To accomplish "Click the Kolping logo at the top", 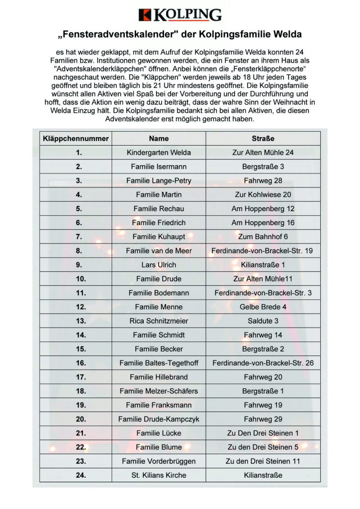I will (180, 15).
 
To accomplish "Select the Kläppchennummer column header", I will (76, 139).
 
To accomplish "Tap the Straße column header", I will (263, 139).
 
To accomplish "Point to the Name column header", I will (159, 139).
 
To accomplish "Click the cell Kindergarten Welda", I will (159, 153).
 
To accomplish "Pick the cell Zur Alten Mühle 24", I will (263, 153).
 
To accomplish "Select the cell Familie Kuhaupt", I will (159, 237).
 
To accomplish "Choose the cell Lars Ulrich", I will (159, 265).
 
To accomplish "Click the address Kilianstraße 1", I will (263, 265).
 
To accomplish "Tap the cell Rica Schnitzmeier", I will (159, 321).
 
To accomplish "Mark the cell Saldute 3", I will (263, 321).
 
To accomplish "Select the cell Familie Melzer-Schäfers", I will (159, 391).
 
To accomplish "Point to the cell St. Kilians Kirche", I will (159, 475).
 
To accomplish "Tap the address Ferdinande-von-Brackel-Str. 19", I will (262, 251).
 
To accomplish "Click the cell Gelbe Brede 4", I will (263, 307).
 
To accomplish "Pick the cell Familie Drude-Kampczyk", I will (159, 419).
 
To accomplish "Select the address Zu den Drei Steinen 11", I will (263, 461).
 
